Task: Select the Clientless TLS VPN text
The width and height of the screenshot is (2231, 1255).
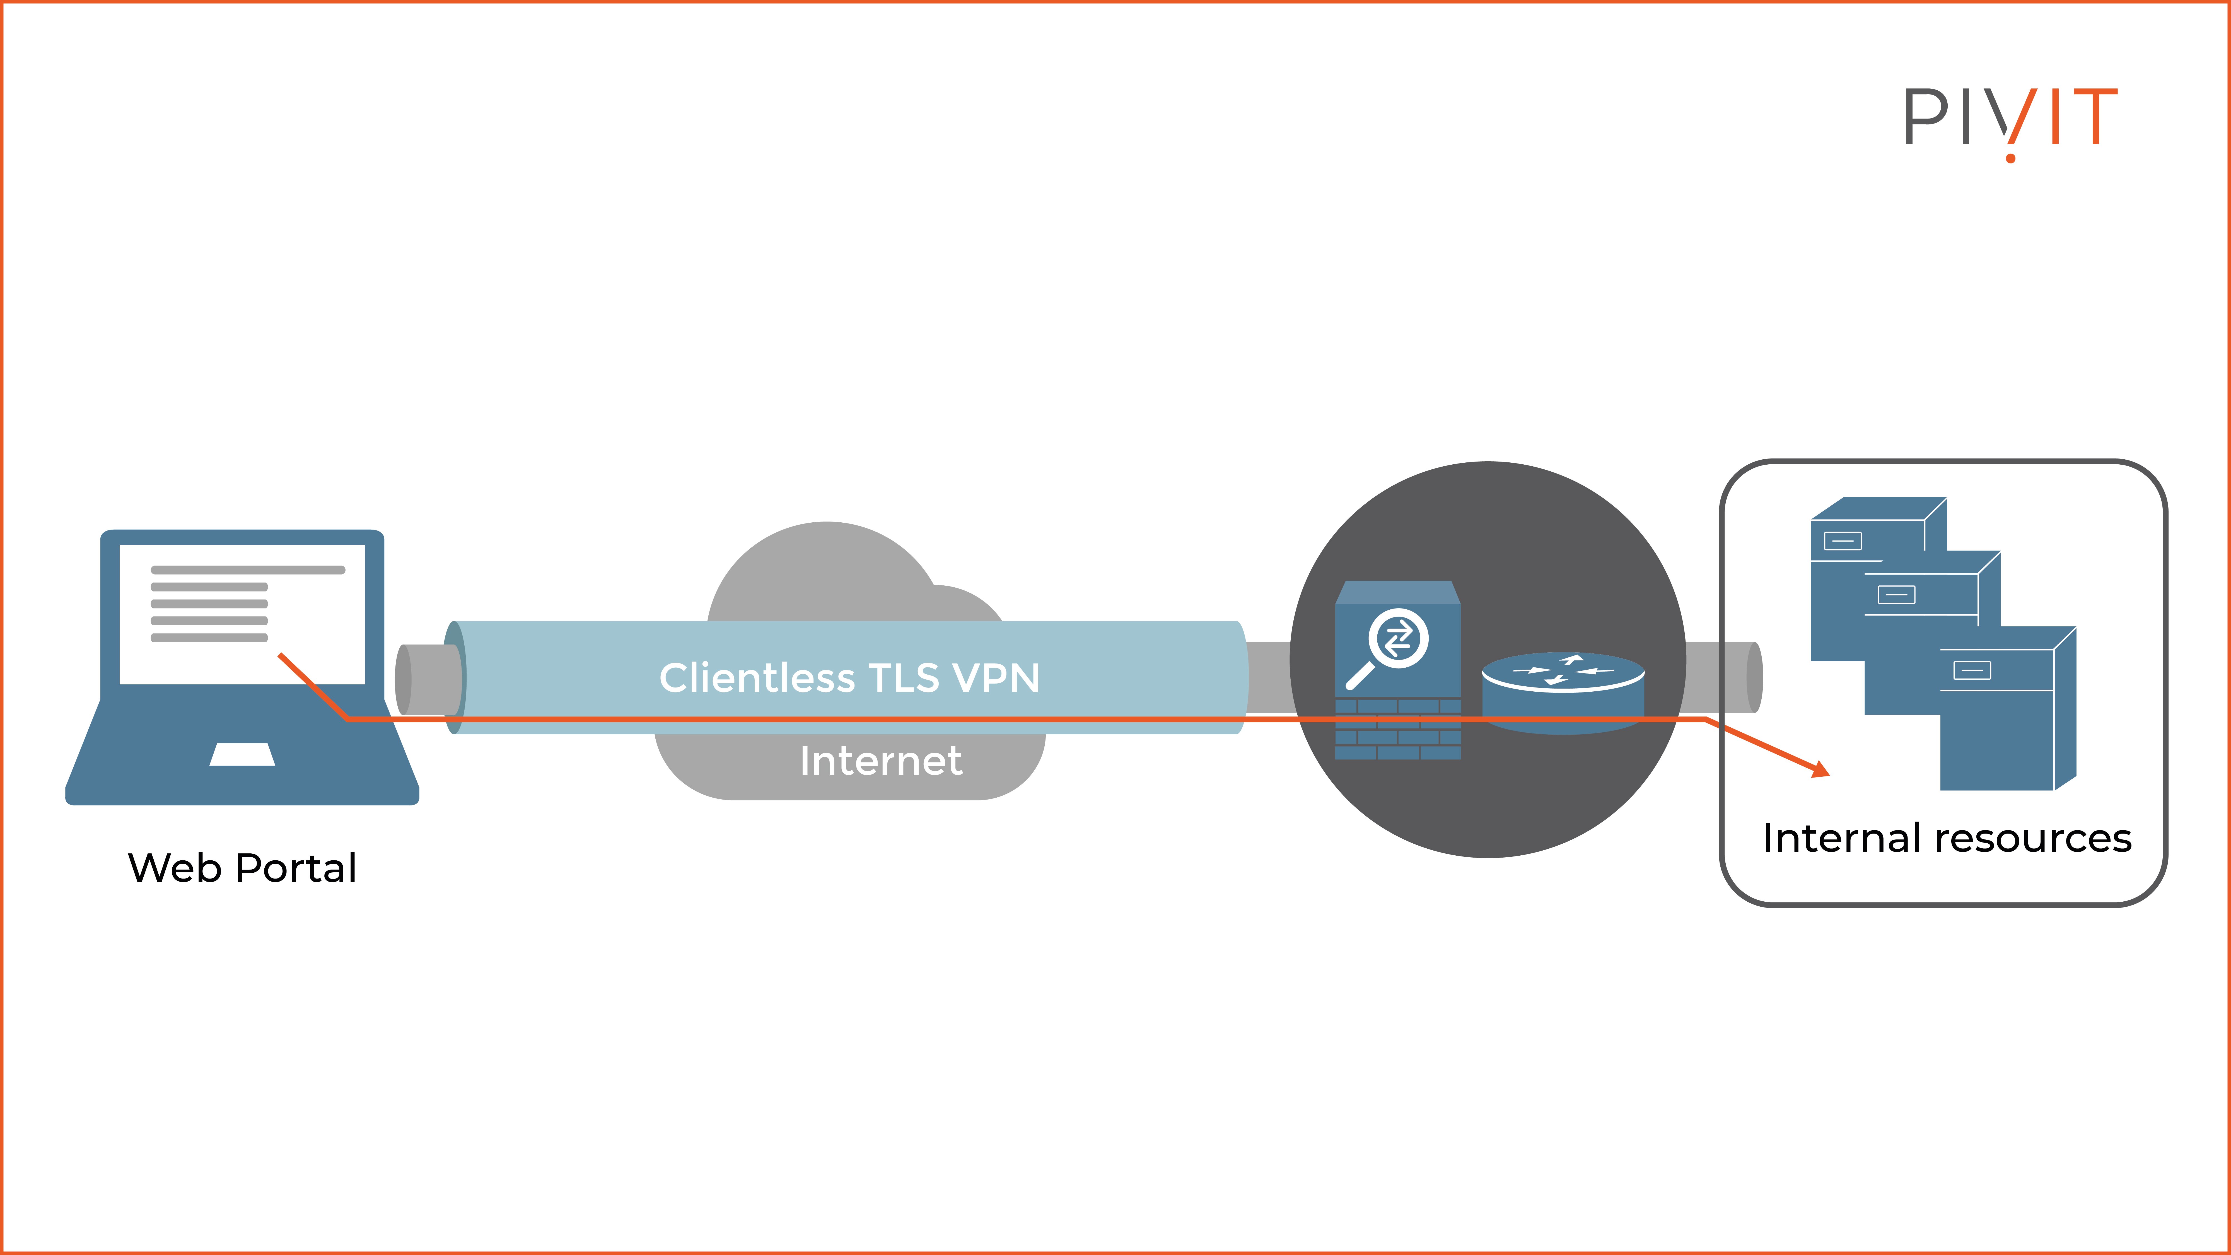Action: pos(849,677)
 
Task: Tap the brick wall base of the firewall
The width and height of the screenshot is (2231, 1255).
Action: pos(1398,732)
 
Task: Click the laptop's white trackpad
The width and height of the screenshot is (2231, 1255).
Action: pos(243,754)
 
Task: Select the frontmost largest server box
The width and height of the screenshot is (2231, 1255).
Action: pos(2001,719)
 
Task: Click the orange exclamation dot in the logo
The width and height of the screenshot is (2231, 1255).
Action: pos(2010,158)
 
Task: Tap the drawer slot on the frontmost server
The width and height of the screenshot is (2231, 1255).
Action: pos(1972,670)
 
